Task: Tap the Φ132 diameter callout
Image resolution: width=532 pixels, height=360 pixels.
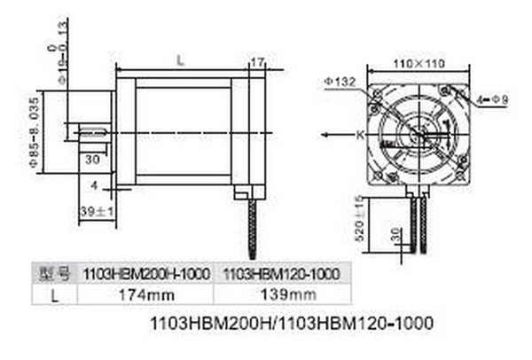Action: click(x=341, y=81)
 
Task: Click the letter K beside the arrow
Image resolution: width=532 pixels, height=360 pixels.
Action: click(x=360, y=134)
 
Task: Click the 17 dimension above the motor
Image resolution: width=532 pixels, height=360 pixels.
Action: click(x=258, y=62)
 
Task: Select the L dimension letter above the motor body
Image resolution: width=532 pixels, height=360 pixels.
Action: click(x=181, y=60)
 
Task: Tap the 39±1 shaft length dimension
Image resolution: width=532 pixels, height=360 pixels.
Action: click(x=93, y=211)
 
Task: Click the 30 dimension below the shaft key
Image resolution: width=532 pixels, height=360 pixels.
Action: click(x=92, y=160)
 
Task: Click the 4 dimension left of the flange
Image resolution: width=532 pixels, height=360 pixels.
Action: click(x=96, y=184)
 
